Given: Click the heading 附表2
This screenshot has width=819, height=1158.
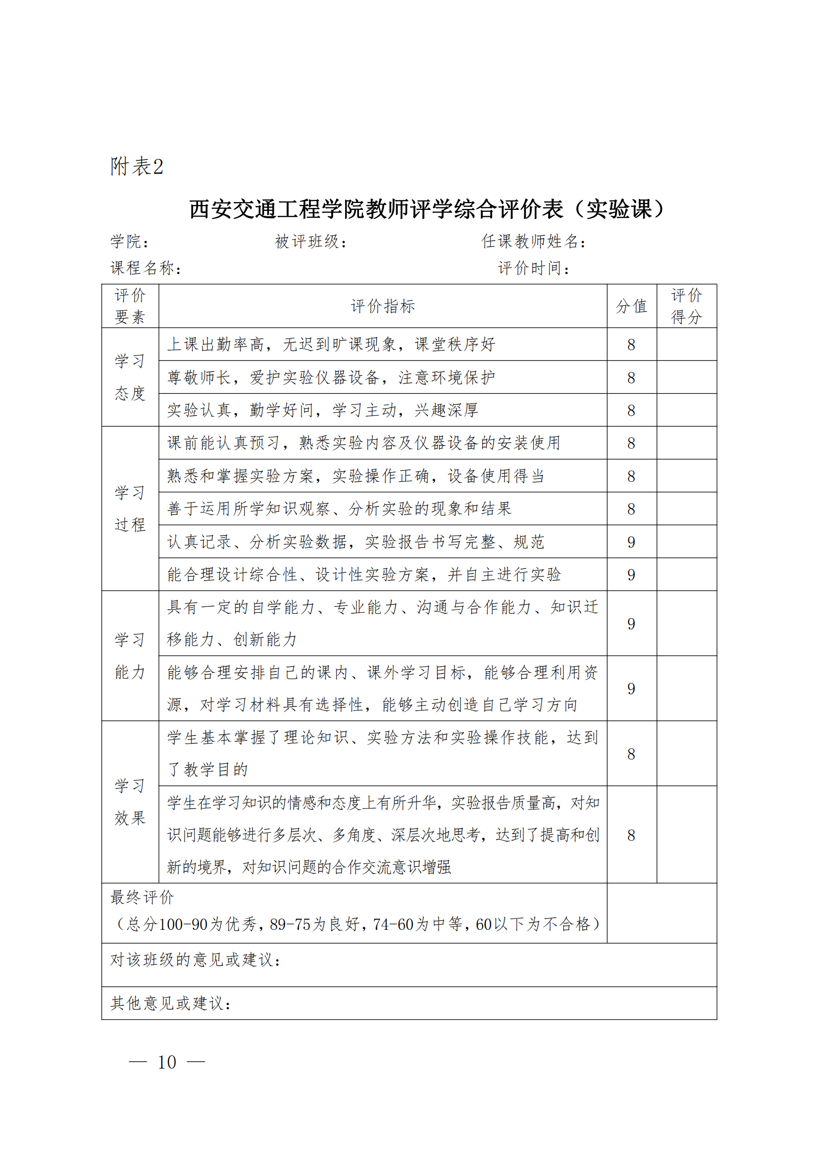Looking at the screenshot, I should (x=137, y=166).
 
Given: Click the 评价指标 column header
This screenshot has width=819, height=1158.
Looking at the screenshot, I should (x=383, y=306).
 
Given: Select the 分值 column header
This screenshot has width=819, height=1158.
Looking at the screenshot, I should (x=631, y=306).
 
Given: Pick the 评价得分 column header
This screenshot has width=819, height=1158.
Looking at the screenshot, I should (x=686, y=306).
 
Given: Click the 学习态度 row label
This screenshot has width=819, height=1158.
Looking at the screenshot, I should (x=130, y=377).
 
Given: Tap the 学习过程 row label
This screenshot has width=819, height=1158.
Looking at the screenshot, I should (x=130, y=508).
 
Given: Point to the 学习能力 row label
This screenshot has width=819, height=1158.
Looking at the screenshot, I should (x=130, y=655).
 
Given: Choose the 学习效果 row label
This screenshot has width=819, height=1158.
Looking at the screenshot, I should (x=130, y=802).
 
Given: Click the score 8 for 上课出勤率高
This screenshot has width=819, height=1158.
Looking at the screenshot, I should (x=631, y=345).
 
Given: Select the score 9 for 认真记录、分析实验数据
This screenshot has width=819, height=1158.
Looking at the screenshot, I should (x=631, y=542).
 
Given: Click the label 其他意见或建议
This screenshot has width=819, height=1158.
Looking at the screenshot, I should (x=170, y=1003).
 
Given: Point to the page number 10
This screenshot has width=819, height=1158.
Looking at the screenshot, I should (x=167, y=1061).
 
